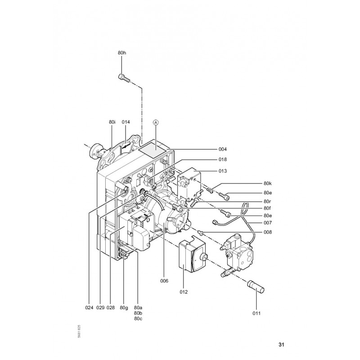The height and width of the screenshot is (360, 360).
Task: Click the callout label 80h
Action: click(x=122, y=53)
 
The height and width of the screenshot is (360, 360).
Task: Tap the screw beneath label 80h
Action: click(x=124, y=77)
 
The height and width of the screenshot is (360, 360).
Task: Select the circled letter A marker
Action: click(x=156, y=122)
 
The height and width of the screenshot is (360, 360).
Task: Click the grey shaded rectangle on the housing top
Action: click(x=152, y=150)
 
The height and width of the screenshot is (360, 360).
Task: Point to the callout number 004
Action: click(x=222, y=149)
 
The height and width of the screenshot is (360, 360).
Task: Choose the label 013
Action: click(x=222, y=171)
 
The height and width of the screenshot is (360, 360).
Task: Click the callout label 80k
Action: click(x=268, y=183)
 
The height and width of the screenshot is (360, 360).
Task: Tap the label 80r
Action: click(x=267, y=201)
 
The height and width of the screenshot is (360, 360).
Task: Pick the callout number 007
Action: click(x=268, y=223)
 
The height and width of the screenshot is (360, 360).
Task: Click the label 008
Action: click(x=268, y=232)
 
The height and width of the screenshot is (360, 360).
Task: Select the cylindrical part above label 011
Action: click(x=256, y=286)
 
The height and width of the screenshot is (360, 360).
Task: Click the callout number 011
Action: click(x=256, y=313)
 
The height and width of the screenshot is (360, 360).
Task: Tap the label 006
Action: click(x=164, y=281)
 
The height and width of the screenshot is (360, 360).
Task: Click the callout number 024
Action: click(x=89, y=307)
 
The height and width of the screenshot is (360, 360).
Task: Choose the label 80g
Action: click(x=124, y=308)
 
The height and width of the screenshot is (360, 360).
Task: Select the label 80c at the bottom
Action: click(x=138, y=319)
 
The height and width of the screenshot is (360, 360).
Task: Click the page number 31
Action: click(x=281, y=345)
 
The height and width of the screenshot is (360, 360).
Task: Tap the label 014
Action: click(x=126, y=122)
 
